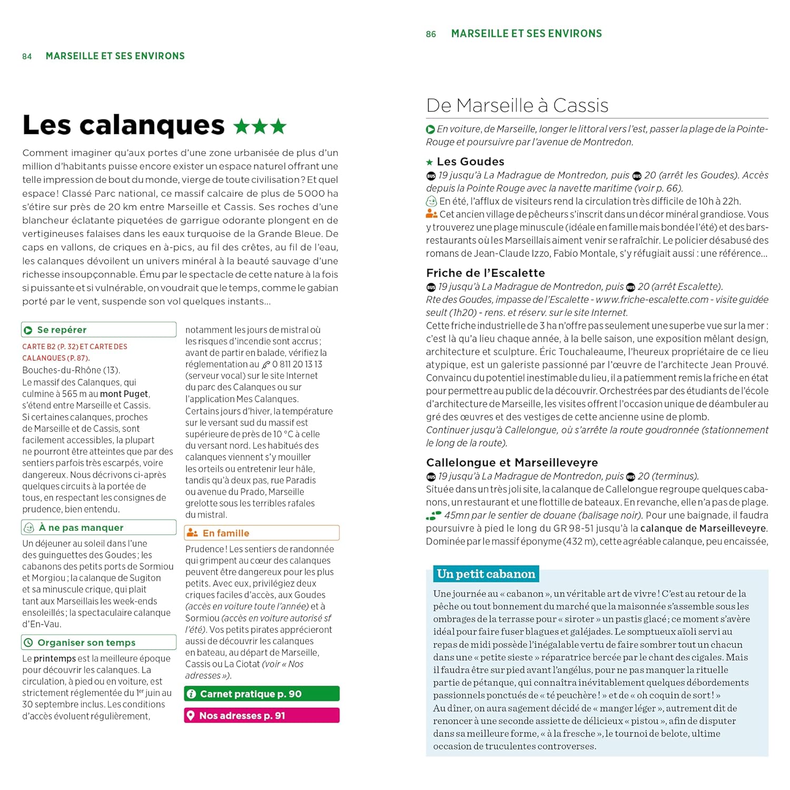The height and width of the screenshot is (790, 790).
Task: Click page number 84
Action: tap(27, 56)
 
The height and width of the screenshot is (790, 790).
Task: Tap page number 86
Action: tap(431, 34)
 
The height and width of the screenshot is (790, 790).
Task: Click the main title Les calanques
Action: tap(123, 125)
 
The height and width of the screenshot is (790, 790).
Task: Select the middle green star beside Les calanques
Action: tap(260, 126)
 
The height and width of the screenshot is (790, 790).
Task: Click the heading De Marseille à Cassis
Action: tap(517, 105)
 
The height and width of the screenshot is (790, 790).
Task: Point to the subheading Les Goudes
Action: tap(470, 162)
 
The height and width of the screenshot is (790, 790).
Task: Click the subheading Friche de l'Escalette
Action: tap(485, 273)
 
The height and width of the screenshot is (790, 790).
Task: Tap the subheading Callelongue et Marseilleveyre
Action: tap(512, 462)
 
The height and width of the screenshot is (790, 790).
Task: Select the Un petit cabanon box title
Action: tap(486, 574)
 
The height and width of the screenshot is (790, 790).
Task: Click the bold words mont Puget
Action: tap(124, 394)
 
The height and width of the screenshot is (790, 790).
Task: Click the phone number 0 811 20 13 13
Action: tap(297, 364)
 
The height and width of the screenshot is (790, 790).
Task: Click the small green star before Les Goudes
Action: tap(430, 162)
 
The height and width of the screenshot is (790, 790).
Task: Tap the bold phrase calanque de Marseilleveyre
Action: tap(703, 528)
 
